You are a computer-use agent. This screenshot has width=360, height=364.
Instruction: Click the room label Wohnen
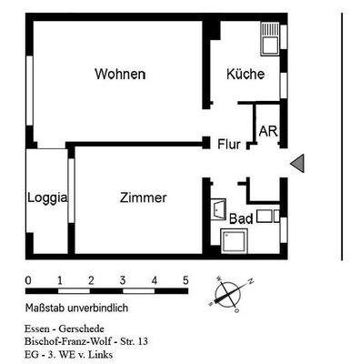point(119,74)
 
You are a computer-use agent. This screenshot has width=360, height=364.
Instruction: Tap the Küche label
point(245,74)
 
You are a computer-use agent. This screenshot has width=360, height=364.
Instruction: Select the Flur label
point(228,144)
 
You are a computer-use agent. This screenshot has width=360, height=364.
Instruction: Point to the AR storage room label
point(267,132)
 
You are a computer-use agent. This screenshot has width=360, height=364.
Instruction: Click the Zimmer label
point(143,197)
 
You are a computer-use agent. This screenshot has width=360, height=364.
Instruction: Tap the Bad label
point(240,218)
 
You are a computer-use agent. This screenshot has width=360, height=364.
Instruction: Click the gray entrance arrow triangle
point(298,162)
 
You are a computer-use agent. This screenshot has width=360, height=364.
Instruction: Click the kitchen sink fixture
point(270,37)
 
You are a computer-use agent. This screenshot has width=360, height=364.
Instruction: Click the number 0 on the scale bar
point(28,280)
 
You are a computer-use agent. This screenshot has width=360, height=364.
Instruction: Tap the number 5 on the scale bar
point(185,280)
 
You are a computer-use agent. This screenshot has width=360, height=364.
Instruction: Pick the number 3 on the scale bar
point(123,280)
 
